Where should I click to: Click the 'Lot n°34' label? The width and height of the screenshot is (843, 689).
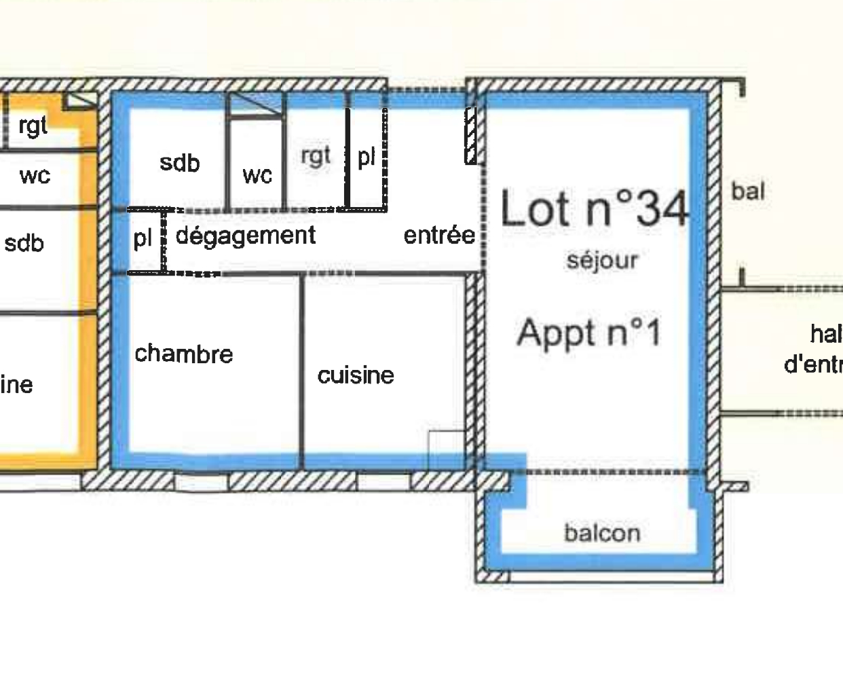pyautogui.click(x=595, y=208)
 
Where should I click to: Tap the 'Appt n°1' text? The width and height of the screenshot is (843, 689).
pyautogui.click(x=588, y=333)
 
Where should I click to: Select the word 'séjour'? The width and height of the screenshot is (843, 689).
pyautogui.click(x=602, y=260)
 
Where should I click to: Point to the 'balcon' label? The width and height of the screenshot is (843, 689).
pyautogui.click(x=602, y=533)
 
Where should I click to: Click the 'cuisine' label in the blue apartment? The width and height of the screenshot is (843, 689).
pyautogui.click(x=356, y=375)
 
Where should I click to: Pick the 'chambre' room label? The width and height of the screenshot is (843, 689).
pyautogui.click(x=183, y=353)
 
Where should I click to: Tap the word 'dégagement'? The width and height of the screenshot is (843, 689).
pyautogui.click(x=246, y=236)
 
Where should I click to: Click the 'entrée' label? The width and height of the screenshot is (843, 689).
pyautogui.click(x=439, y=235)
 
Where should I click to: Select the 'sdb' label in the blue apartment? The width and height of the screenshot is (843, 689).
pyautogui.click(x=180, y=162)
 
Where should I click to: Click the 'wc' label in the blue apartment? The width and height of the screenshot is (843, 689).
pyautogui.click(x=257, y=175)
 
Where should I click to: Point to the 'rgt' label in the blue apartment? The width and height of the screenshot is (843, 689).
pyautogui.click(x=316, y=155)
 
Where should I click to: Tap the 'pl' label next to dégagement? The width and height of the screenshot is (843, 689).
pyautogui.click(x=143, y=238)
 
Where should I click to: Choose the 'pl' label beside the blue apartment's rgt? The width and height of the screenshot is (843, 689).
pyautogui.click(x=367, y=157)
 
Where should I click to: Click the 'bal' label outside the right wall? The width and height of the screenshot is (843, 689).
pyautogui.click(x=748, y=191)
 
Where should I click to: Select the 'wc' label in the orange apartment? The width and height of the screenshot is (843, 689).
pyautogui.click(x=35, y=175)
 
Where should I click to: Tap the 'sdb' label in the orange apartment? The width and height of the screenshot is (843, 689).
pyautogui.click(x=24, y=242)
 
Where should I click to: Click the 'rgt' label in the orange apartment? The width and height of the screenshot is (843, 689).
pyautogui.click(x=33, y=125)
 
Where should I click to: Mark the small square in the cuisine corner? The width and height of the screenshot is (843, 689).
pyautogui.click(x=447, y=442)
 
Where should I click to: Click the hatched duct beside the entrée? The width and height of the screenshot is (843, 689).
pyautogui.click(x=471, y=136)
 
